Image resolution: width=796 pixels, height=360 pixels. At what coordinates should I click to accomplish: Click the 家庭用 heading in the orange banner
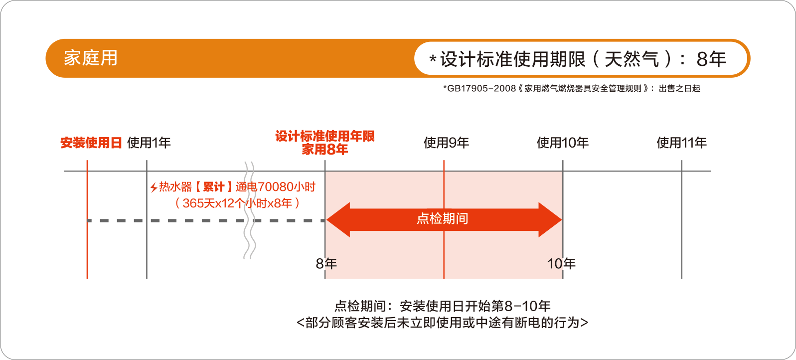pos(90,58)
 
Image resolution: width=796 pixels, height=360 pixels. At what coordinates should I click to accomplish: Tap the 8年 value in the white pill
pos(711,59)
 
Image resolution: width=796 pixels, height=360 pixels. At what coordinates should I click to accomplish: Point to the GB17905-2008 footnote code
pos(481,89)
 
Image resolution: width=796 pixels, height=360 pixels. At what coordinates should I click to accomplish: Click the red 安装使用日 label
pos(91,143)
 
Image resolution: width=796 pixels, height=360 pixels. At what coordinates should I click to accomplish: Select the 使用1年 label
pos(149,143)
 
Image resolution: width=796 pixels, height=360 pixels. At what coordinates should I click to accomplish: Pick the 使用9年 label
pos(446,143)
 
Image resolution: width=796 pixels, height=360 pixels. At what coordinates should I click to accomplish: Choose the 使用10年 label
pos(563,143)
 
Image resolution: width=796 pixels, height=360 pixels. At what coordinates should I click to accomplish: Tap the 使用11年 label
pos(681,143)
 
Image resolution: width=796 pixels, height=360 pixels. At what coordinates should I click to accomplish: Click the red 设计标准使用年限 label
pos(325,136)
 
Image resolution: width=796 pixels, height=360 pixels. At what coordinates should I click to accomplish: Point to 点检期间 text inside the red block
pos(443,218)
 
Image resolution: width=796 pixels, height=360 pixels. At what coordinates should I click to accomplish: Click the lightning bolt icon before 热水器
pos(154,187)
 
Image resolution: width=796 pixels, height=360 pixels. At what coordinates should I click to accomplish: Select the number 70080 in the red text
pos(275,187)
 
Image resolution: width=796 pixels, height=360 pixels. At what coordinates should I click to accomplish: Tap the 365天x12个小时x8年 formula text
pos(237,203)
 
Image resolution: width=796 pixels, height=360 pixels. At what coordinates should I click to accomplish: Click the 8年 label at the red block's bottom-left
pos(326,263)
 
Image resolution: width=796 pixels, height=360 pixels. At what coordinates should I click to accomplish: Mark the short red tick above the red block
pos(444,165)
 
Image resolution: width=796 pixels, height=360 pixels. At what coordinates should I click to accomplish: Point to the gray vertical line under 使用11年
pos(681,224)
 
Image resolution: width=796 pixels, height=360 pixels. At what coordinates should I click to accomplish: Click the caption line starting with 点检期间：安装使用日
pos(443,306)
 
